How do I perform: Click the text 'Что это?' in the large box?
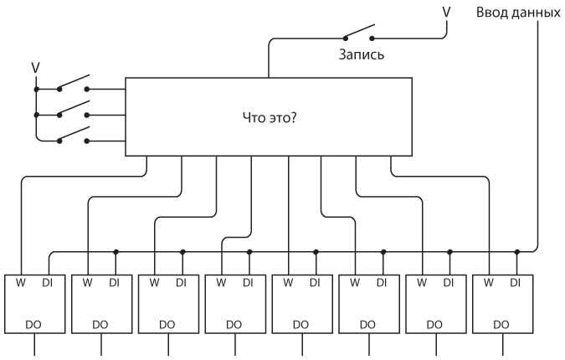point(269,117)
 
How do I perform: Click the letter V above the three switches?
point(35,65)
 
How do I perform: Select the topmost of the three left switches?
point(74,85)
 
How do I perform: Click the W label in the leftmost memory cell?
point(20,283)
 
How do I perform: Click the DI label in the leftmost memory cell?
point(48,283)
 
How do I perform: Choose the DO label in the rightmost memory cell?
point(501,323)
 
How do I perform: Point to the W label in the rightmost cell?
point(489,283)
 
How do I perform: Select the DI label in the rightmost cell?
point(516,283)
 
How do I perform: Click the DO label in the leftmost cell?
point(33,323)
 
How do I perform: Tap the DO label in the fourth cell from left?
point(234,323)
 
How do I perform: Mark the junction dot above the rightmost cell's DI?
point(517,251)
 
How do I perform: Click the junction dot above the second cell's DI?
point(116,251)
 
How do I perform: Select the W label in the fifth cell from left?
point(288,283)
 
